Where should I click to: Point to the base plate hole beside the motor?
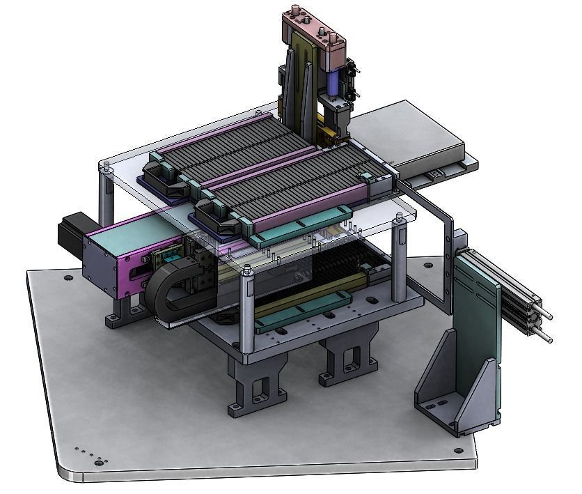(68, 278)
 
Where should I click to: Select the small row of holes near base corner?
(87, 454)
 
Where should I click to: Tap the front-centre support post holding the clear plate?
(246, 310)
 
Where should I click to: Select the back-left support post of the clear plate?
(107, 195)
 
